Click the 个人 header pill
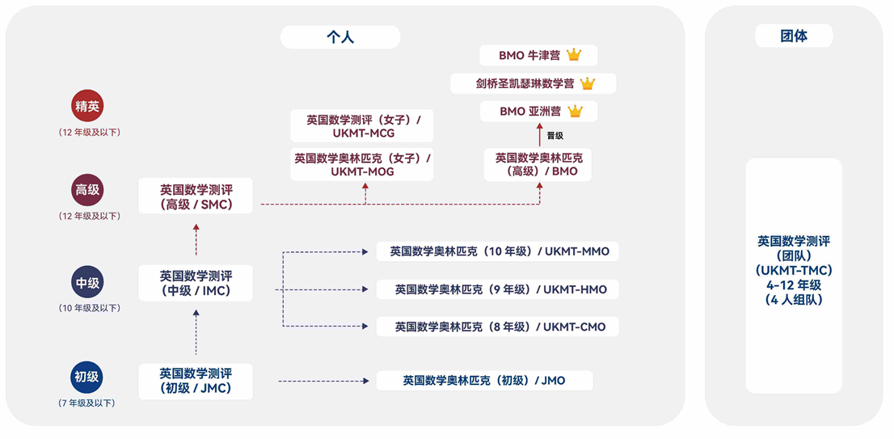[x=340, y=37]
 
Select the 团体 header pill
[x=794, y=36]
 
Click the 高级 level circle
[x=88, y=190]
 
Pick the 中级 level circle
[x=88, y=282]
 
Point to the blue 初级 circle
[x=88, y=377]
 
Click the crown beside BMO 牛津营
[x=574, y=55]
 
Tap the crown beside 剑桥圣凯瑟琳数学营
[x=588, y=84]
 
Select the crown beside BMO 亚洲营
[x=575, y=112]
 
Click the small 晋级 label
[x=555, y=136]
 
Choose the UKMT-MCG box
[x=362, y=126]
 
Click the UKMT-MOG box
[x=362, y=165]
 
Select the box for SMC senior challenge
[x=196, y=196]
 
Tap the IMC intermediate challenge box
[x=196, y=283]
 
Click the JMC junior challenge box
[x=196, y=382]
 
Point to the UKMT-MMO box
[x=497, y=251]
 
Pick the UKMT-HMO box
[x=497, y=289]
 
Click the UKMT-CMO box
[x=497, y=327]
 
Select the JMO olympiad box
[x=485, y=380]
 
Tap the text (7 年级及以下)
[x=87, y=403]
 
